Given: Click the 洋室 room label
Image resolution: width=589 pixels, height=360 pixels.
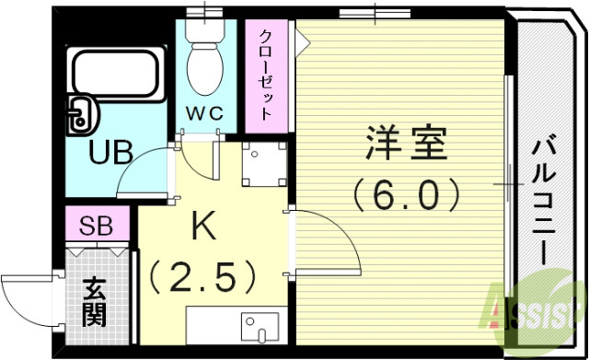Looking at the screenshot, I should pos(406,145).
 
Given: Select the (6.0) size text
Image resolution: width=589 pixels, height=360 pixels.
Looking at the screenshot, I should pos(404,193).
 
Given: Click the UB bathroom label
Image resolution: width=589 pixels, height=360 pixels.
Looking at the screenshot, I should pos(110,151).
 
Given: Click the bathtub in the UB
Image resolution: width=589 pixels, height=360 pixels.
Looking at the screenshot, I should pos(117,78).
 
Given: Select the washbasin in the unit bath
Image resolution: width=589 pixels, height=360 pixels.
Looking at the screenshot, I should pos(80,113).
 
